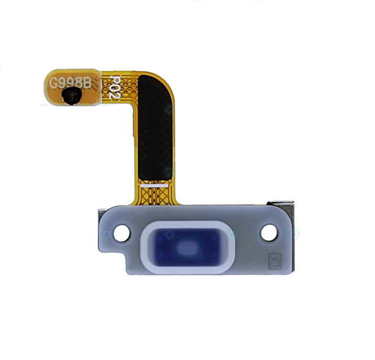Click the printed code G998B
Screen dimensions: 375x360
coord(71,83)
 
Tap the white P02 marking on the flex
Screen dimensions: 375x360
coord(115,88)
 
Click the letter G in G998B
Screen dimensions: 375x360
coord(54,83)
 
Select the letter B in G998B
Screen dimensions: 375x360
coord(87,83)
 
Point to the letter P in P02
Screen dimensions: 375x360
coord(115,79)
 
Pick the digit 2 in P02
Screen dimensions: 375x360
coord(115,96)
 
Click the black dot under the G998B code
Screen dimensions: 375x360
coord(72,96)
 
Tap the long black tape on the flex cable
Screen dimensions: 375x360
coord(156,127)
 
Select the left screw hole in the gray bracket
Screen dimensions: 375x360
coord(122,233)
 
